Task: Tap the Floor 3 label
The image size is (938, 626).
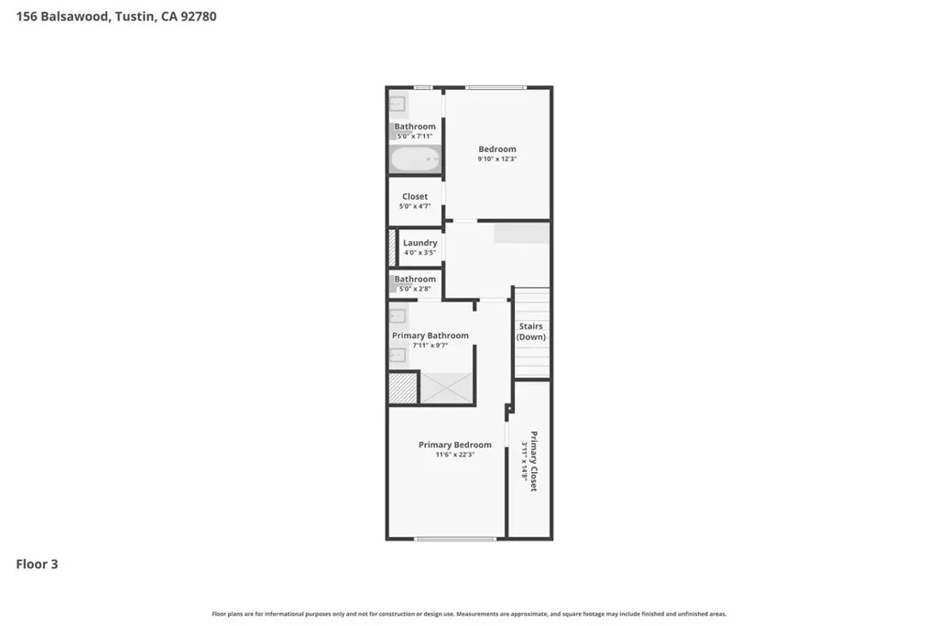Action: click(x=37, y=564)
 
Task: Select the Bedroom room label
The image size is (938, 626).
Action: click(x=497, y=149)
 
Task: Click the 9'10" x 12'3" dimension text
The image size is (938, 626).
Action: click(x=497, y=159)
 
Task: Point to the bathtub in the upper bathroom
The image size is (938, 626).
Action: click(x=415, y=159)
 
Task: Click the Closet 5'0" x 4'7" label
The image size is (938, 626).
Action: click(x=415, y=201)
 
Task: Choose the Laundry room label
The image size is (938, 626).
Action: click(x=420, y=243)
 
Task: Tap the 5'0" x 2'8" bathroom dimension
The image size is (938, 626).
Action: click(x=415, y=289)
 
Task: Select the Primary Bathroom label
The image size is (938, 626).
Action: click(x=431, y=335)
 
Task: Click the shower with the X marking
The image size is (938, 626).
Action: click(x=447, y=388)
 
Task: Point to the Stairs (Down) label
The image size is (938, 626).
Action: click(x=531, y=332)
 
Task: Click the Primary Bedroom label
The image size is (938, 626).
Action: click(x=455, y=445)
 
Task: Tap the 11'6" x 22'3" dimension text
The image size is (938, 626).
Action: click(x=455, y=455)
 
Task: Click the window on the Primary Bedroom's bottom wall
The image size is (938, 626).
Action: click(x=455, y=539)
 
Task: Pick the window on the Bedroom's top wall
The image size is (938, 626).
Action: click(x=496, y=87)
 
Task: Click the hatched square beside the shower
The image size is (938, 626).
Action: click(x=403, y=388)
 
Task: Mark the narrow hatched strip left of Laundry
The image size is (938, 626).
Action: click(x=392, y=247)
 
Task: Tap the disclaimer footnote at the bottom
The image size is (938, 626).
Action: click(x=469, y=614)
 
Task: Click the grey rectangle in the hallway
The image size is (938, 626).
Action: click(x=521, y=234)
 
